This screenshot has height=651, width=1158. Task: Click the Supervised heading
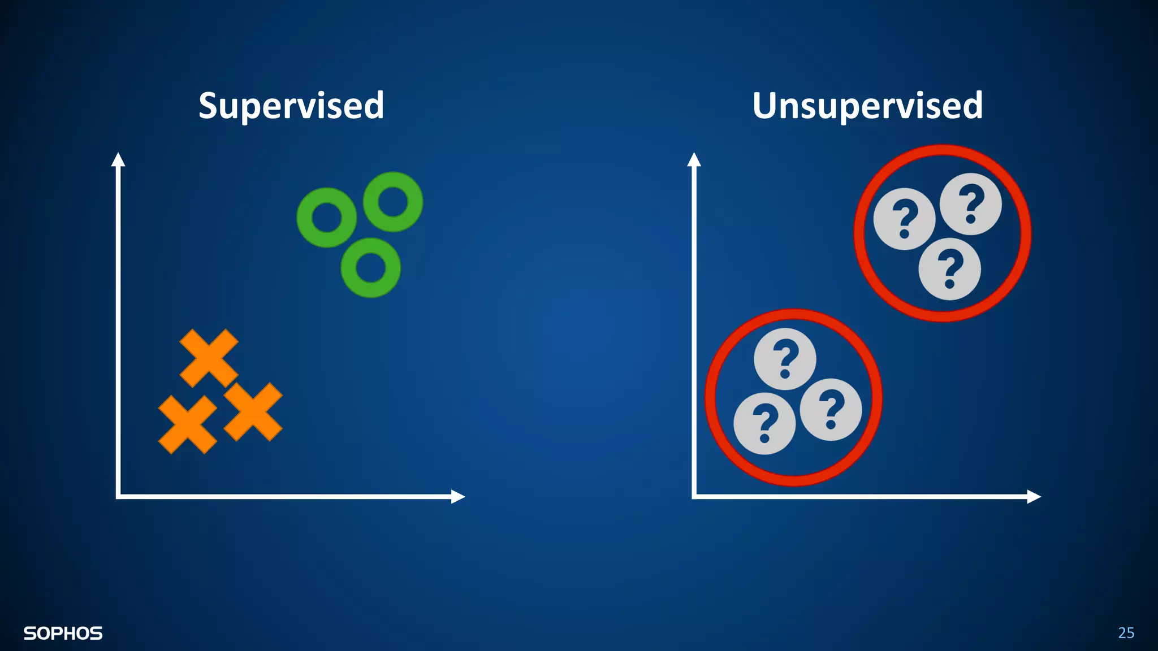coord(291,106)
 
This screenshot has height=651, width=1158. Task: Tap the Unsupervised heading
coord(867,106)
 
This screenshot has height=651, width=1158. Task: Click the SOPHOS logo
coord(63,633)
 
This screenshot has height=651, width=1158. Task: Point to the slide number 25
coord(1126,632)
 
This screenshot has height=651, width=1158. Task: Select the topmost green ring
coord(393,202)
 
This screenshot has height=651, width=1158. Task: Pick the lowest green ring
coord(370,268)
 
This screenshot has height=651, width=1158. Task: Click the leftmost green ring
coord(327,218)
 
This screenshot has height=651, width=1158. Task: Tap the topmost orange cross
coord(209,358)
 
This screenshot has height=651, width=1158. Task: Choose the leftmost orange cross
coord(187,424)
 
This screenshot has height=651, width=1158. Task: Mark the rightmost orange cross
coord(253,411)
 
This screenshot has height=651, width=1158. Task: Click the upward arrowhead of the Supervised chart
coord(118,159)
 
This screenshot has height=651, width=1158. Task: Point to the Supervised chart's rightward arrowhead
coord(458,496)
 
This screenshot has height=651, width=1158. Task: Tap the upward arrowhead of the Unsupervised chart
coord(694,159)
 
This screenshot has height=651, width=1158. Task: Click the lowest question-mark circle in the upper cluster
coord(949,268)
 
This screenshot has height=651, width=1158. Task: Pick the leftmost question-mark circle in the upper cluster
coord(904,219)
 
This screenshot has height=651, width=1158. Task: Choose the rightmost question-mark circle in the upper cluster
coord(970,203)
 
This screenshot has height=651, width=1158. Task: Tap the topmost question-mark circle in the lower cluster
coord(785,359)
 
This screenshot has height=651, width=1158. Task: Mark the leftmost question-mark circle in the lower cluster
coord(764,423)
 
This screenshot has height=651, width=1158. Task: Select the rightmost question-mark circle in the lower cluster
coord(831,410)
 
